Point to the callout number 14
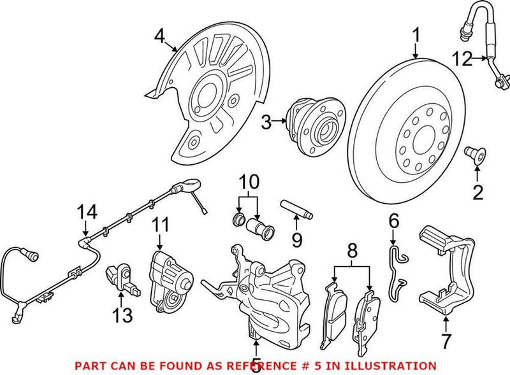(x=85, y=211)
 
